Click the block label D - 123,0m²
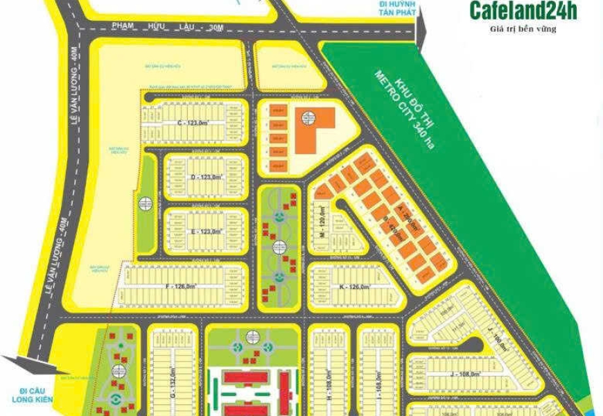207,177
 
